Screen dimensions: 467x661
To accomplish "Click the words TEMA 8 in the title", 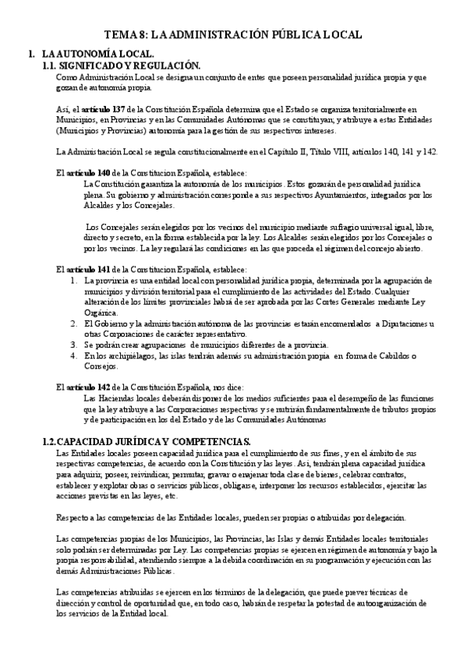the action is pos(125,35).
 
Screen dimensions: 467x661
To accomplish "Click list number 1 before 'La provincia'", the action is pos(73,280).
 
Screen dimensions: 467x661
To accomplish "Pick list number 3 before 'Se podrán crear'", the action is pos(73,345).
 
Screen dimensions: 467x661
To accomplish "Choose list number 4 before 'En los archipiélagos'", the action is pos(73,355).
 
